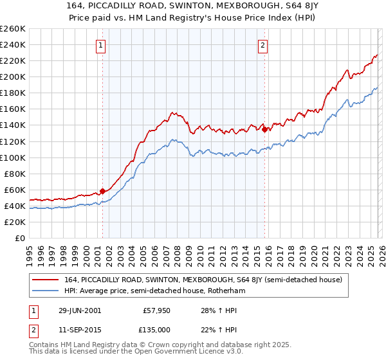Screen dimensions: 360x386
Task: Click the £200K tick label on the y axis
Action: (x=13, y=76)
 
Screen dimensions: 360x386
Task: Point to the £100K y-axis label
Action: (x=13, y=157)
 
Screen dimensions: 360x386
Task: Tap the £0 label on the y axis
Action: (x=19, y=238)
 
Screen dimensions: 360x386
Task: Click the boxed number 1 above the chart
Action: (x=102, y=45)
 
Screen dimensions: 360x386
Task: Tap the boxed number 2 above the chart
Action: (x=264, y=45)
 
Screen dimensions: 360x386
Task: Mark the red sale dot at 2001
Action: (x=102, y=191)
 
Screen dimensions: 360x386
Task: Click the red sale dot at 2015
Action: (x=264, y=129)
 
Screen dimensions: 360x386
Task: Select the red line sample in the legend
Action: (x=46, y=280)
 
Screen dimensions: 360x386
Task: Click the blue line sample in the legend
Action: (x=46, y=291)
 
